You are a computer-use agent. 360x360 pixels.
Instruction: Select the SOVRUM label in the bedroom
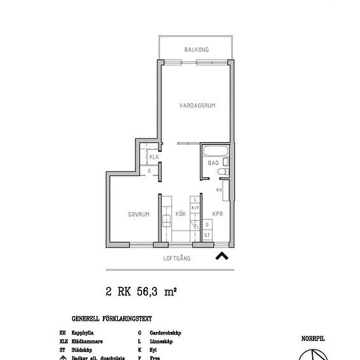(139, 214)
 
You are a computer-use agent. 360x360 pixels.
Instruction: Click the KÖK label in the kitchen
(181, 214)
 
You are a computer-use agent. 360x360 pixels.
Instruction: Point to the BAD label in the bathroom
(213, 162)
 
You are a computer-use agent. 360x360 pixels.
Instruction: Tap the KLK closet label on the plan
(154, 158)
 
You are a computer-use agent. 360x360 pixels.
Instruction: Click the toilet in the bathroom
(223, 171)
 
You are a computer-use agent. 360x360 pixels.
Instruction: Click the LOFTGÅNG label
(177, 259)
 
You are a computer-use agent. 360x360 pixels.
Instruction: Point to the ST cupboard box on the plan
(207, 234)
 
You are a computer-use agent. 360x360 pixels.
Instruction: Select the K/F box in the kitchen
(194, 207)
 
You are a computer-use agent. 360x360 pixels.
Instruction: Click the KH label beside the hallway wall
(220, 190)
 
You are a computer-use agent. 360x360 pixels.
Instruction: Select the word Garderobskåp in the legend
(165, 333)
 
